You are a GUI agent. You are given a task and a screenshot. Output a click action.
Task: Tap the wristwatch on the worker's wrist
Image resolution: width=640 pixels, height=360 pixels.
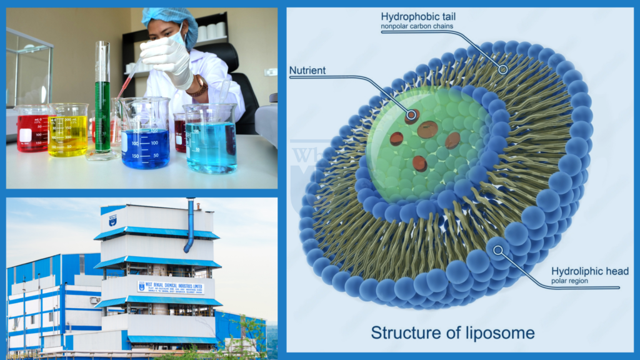[199, 86]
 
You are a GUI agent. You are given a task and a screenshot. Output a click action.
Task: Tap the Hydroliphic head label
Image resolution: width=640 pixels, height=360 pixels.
[590, 271]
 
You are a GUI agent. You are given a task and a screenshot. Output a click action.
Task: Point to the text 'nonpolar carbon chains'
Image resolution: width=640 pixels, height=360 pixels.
[417, 26]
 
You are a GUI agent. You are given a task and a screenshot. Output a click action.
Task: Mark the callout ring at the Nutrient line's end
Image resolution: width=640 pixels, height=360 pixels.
[412, 115]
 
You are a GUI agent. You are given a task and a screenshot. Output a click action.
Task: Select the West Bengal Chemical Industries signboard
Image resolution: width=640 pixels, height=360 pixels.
[170, 287]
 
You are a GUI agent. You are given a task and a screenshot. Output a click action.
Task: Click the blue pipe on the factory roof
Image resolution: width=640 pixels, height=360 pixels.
[189, 225]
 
